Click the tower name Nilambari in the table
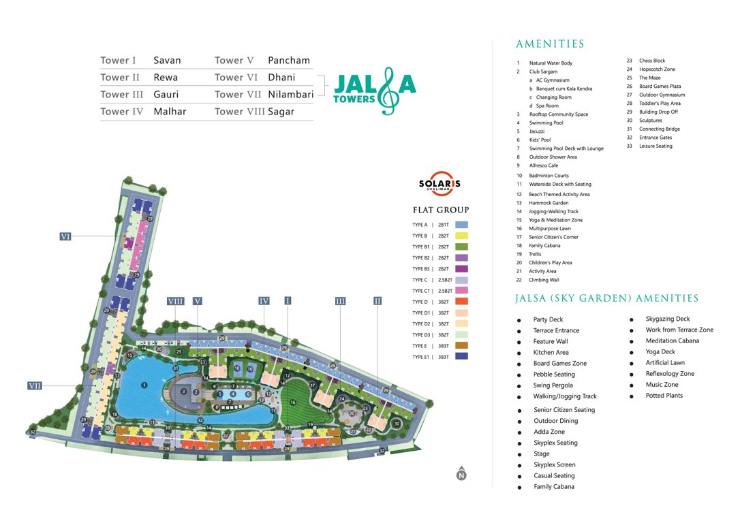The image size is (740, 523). coord(291,95)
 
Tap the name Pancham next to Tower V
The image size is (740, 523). coord(289,61)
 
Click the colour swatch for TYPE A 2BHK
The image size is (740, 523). coord(461,225)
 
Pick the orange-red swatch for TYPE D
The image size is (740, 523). coord(461,302)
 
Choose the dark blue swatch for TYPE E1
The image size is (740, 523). coord(461,356)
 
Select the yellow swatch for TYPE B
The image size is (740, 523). coord(461,236)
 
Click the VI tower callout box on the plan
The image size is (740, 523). coord(65,236)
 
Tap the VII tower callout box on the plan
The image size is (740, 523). coord(35,385)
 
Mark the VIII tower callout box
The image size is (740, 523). coord(175,300)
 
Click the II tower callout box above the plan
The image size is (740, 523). coord(377,300)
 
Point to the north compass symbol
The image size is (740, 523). coord(461,475)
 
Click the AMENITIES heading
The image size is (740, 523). coord(550,44)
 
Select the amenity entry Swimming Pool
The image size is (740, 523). coord(546,123)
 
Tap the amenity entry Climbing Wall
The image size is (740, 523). coord(543,280)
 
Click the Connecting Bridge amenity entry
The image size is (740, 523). coord(659,129)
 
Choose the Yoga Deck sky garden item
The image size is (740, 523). coord(660,352)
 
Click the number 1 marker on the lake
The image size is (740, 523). coord(144,385)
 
